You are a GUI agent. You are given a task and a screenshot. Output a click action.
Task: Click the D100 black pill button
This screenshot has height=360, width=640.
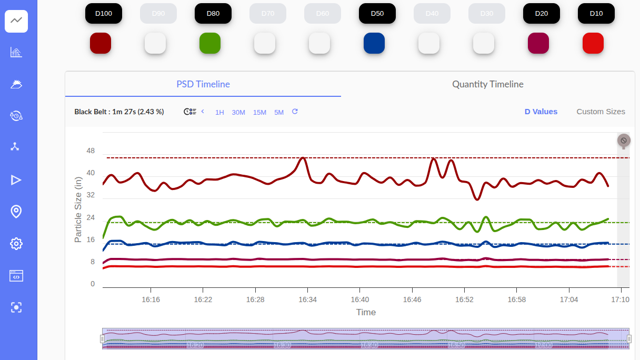(x=104, y=14)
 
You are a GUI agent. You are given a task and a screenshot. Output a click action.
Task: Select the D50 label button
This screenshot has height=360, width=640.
(x=377, y=14)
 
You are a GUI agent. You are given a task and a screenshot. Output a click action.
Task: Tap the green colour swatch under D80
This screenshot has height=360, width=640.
(x=210, y=43)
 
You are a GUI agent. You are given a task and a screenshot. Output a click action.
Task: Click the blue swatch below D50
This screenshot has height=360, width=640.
(x=374, y=43)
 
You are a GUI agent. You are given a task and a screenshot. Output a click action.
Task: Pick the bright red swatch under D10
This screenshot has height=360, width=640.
(x=593, y=43)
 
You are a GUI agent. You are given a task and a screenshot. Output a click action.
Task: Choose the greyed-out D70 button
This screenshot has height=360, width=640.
(x=268, y=14)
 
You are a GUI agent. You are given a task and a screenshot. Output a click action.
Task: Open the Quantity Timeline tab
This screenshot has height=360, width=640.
(x=488, y=84)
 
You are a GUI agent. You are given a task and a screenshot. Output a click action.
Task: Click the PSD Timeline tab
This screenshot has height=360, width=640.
(x=203, y=84)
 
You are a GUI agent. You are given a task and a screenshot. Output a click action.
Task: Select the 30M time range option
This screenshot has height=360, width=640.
(x=238, y=112)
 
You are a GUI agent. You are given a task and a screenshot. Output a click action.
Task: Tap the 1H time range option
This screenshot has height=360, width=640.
(x=219, y=112)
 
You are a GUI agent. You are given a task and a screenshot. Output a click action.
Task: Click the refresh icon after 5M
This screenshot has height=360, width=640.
(x=295, y=112)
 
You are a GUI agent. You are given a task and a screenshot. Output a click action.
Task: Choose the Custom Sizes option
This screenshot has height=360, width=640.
(x=601, y=112)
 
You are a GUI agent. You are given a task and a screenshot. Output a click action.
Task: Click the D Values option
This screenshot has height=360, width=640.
(x=541, y=112)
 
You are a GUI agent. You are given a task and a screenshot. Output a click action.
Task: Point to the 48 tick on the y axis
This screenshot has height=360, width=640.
(x=91, y=151)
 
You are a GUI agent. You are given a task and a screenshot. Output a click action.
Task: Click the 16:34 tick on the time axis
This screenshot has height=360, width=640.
(x=307, y=299)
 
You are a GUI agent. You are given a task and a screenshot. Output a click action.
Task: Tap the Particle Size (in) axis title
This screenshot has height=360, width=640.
(x=78, y=209)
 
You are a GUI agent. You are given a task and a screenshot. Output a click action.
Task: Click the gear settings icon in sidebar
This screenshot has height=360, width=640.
(x=16, y=244)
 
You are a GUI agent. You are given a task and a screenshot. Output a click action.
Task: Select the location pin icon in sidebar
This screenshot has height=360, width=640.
(x=16, y=212)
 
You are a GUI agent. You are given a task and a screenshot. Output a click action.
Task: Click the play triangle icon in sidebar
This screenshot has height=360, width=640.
(x=16, y=180)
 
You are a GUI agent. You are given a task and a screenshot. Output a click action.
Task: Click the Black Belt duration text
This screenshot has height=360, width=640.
(x=119, y=112)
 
